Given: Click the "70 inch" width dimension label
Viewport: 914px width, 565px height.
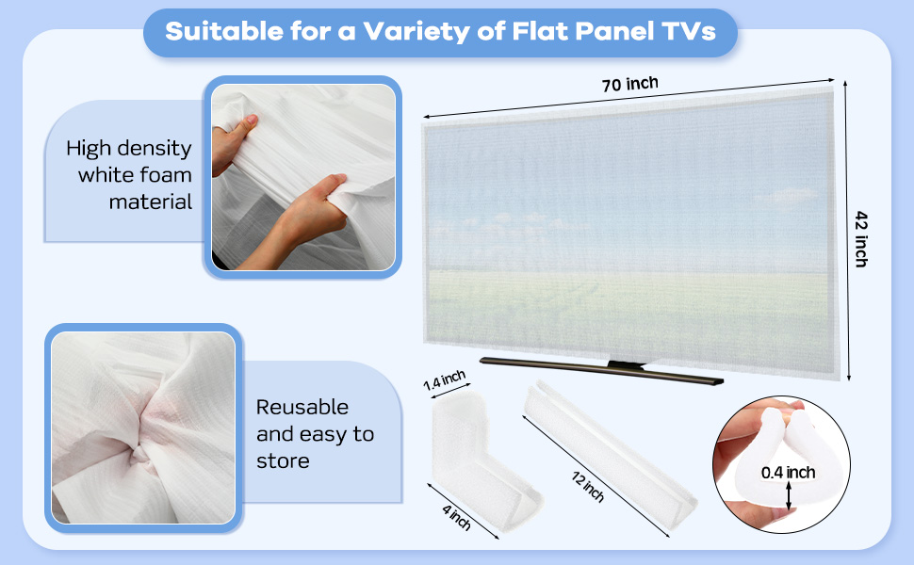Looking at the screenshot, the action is coord(630,85).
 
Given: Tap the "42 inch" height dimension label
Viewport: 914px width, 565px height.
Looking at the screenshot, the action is coord(861,239).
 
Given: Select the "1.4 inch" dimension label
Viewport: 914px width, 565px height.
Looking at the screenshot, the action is coord(444,380).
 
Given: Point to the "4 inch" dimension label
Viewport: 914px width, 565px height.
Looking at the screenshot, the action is coord(456,517).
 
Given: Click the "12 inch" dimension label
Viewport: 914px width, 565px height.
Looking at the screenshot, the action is coord(588,486).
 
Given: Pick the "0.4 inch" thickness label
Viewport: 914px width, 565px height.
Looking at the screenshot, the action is coord(788,473).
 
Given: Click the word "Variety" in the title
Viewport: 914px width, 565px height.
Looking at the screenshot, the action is coord(416,32).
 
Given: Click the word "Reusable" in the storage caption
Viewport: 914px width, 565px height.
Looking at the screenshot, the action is coord(302,407).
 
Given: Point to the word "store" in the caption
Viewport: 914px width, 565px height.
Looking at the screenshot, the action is coord(283,460).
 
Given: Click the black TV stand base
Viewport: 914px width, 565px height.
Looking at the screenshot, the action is coord(601,370).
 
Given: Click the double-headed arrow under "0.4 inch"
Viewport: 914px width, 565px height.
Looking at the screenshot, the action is coord(789,495).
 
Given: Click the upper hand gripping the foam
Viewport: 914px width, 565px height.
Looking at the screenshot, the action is coord(233,143).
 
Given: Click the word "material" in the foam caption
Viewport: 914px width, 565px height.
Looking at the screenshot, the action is coord(151,202).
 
